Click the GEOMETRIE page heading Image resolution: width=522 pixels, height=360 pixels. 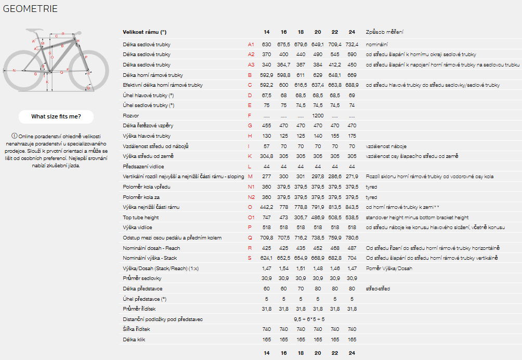30,9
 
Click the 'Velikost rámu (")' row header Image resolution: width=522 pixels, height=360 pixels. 145,32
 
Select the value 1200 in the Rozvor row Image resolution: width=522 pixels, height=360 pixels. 318,115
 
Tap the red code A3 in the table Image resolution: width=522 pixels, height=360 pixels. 251,65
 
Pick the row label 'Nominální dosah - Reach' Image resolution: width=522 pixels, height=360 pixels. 151,248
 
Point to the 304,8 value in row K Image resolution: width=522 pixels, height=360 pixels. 266,156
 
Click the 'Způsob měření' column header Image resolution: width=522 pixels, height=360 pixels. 385,32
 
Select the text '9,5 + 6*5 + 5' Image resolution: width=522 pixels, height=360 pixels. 309,319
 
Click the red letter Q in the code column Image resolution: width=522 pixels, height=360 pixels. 250,238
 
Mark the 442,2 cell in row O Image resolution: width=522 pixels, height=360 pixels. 266,207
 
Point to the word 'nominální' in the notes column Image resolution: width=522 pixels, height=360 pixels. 377,45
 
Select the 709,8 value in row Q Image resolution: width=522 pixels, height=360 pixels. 266,238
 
